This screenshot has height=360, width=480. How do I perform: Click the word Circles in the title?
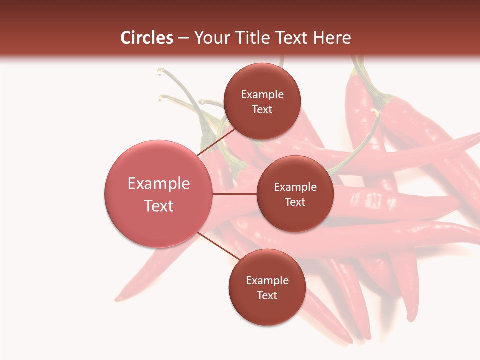[x=147, y=38]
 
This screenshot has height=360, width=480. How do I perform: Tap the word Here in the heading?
[x=332, y=38]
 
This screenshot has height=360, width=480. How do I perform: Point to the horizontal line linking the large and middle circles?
[x=235, y=194]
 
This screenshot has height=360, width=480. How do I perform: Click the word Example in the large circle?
[x=159, y=184]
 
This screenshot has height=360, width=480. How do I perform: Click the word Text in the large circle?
[x=159, y=206]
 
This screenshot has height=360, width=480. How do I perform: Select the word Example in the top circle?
[x=262, y=95]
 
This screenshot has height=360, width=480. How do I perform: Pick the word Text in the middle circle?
[x=295, y=202]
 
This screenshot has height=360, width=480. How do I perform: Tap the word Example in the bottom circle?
[x=267, y=281]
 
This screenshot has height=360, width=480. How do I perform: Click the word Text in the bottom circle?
[x=267, y=295]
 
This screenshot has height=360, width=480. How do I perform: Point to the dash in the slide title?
[x=183, y=38]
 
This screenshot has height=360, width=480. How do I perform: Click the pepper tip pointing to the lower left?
[x=119, y=299]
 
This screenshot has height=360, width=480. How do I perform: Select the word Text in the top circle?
[x=262, y=109]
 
